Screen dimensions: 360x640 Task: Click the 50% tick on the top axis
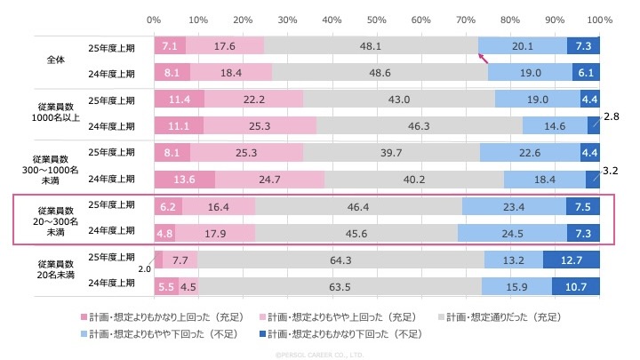[376, 19]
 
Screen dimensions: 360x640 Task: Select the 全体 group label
[56, 60]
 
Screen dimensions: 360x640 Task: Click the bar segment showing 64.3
[340, 260]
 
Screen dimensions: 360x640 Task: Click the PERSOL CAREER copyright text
[320, 354]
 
